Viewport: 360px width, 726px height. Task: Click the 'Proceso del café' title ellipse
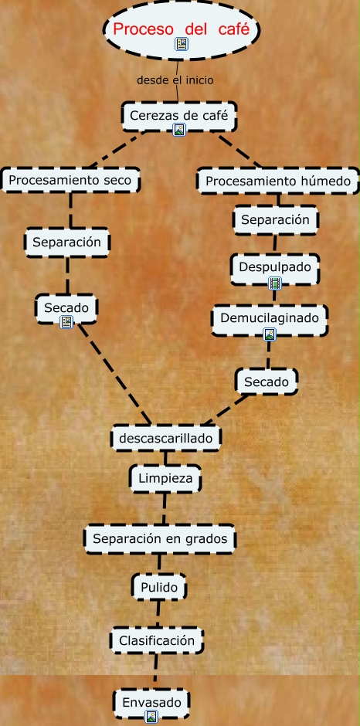181,30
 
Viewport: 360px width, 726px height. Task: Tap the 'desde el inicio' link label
175,80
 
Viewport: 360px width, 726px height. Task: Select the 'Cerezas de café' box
179,116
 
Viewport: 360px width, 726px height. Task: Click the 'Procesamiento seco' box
70,180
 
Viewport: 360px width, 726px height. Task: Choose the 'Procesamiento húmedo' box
278,181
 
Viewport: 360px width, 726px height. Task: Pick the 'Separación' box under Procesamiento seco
66,243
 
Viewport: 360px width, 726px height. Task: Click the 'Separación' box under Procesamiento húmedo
275,219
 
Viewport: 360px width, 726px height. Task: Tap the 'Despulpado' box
275,269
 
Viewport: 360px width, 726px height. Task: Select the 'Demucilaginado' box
270,320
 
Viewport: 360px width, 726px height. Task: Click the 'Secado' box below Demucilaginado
267,382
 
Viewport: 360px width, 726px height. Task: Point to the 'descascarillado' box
166,438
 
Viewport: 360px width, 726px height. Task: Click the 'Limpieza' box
165,478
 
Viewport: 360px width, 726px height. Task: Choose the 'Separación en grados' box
160,539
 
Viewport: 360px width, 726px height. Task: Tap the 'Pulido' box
159,588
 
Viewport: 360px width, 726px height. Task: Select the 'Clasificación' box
157,641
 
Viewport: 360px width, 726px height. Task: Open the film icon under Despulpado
275,283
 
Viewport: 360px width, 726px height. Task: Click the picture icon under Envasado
151,718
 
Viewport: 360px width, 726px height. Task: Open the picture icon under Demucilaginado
270,334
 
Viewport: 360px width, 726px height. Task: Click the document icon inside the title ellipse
182,44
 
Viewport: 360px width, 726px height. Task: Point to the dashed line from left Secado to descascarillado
114,374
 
